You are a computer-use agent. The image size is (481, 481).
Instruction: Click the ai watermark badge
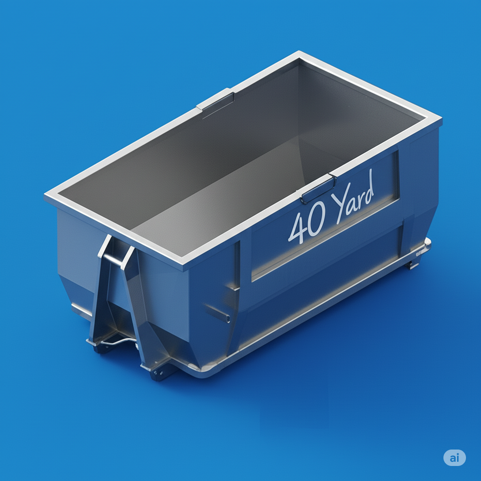pyautogui.click(x=454, y=457)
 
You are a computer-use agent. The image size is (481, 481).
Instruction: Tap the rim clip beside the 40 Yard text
pyautogui.click(x=318, y=188)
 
